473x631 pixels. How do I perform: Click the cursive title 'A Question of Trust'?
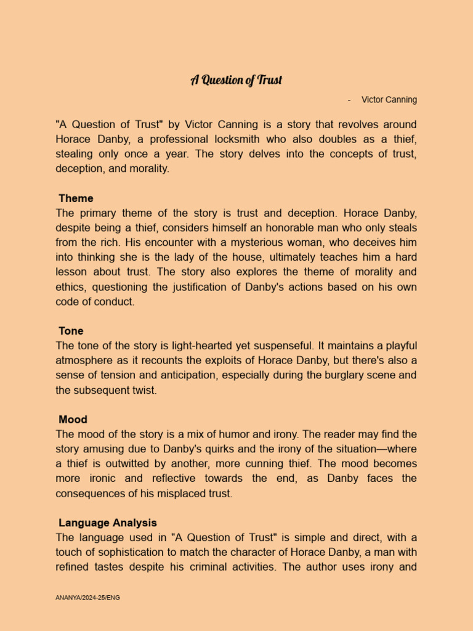(236, 80)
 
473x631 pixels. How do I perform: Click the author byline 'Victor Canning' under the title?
(389, 100)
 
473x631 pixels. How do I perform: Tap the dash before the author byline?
(349, 100)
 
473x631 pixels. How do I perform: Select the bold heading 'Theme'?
(76, 198)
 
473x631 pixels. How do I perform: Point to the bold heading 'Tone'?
(71, 332)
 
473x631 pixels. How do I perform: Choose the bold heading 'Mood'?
(73, 420)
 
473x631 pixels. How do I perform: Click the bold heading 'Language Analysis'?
(108, 523)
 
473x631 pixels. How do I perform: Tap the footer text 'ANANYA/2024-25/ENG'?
(87, 598)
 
